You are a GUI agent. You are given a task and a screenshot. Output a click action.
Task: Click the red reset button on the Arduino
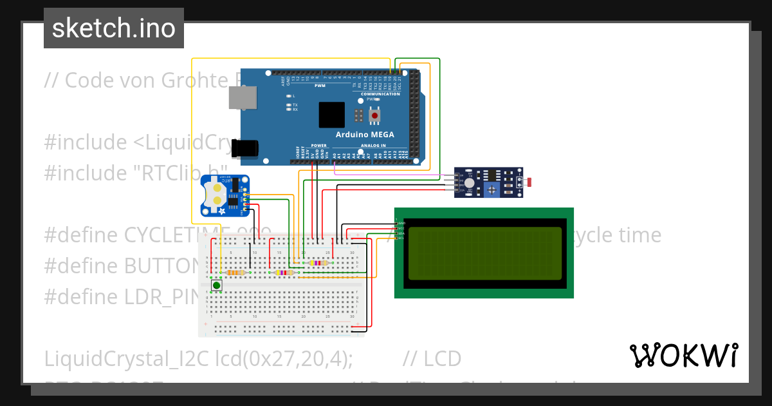(374, 116)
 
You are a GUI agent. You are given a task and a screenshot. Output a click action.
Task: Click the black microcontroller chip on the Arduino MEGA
(332, 115)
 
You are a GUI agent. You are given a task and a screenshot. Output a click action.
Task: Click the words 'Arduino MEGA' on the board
(365, 135)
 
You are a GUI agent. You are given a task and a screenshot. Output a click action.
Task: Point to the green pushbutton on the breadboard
(217, 285)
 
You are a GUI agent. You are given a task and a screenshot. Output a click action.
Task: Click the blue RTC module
(225, 195)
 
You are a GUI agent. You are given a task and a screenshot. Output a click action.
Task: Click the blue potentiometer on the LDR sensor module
(492, 189)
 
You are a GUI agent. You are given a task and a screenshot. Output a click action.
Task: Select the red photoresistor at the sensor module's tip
(529, 182)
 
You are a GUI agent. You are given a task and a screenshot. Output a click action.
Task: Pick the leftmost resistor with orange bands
(237, 273)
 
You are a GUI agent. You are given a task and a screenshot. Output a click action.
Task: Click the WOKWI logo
(684, 355)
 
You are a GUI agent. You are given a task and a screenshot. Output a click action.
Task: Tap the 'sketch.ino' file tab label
(114, 28)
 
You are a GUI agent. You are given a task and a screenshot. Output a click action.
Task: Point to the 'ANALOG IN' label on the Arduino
(374, 146)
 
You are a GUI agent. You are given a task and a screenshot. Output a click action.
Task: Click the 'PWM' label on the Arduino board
(320, 86)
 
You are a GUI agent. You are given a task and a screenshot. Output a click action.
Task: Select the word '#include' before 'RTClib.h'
(86, 173)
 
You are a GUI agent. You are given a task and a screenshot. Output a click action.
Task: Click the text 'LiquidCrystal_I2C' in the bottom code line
(126, 359)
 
